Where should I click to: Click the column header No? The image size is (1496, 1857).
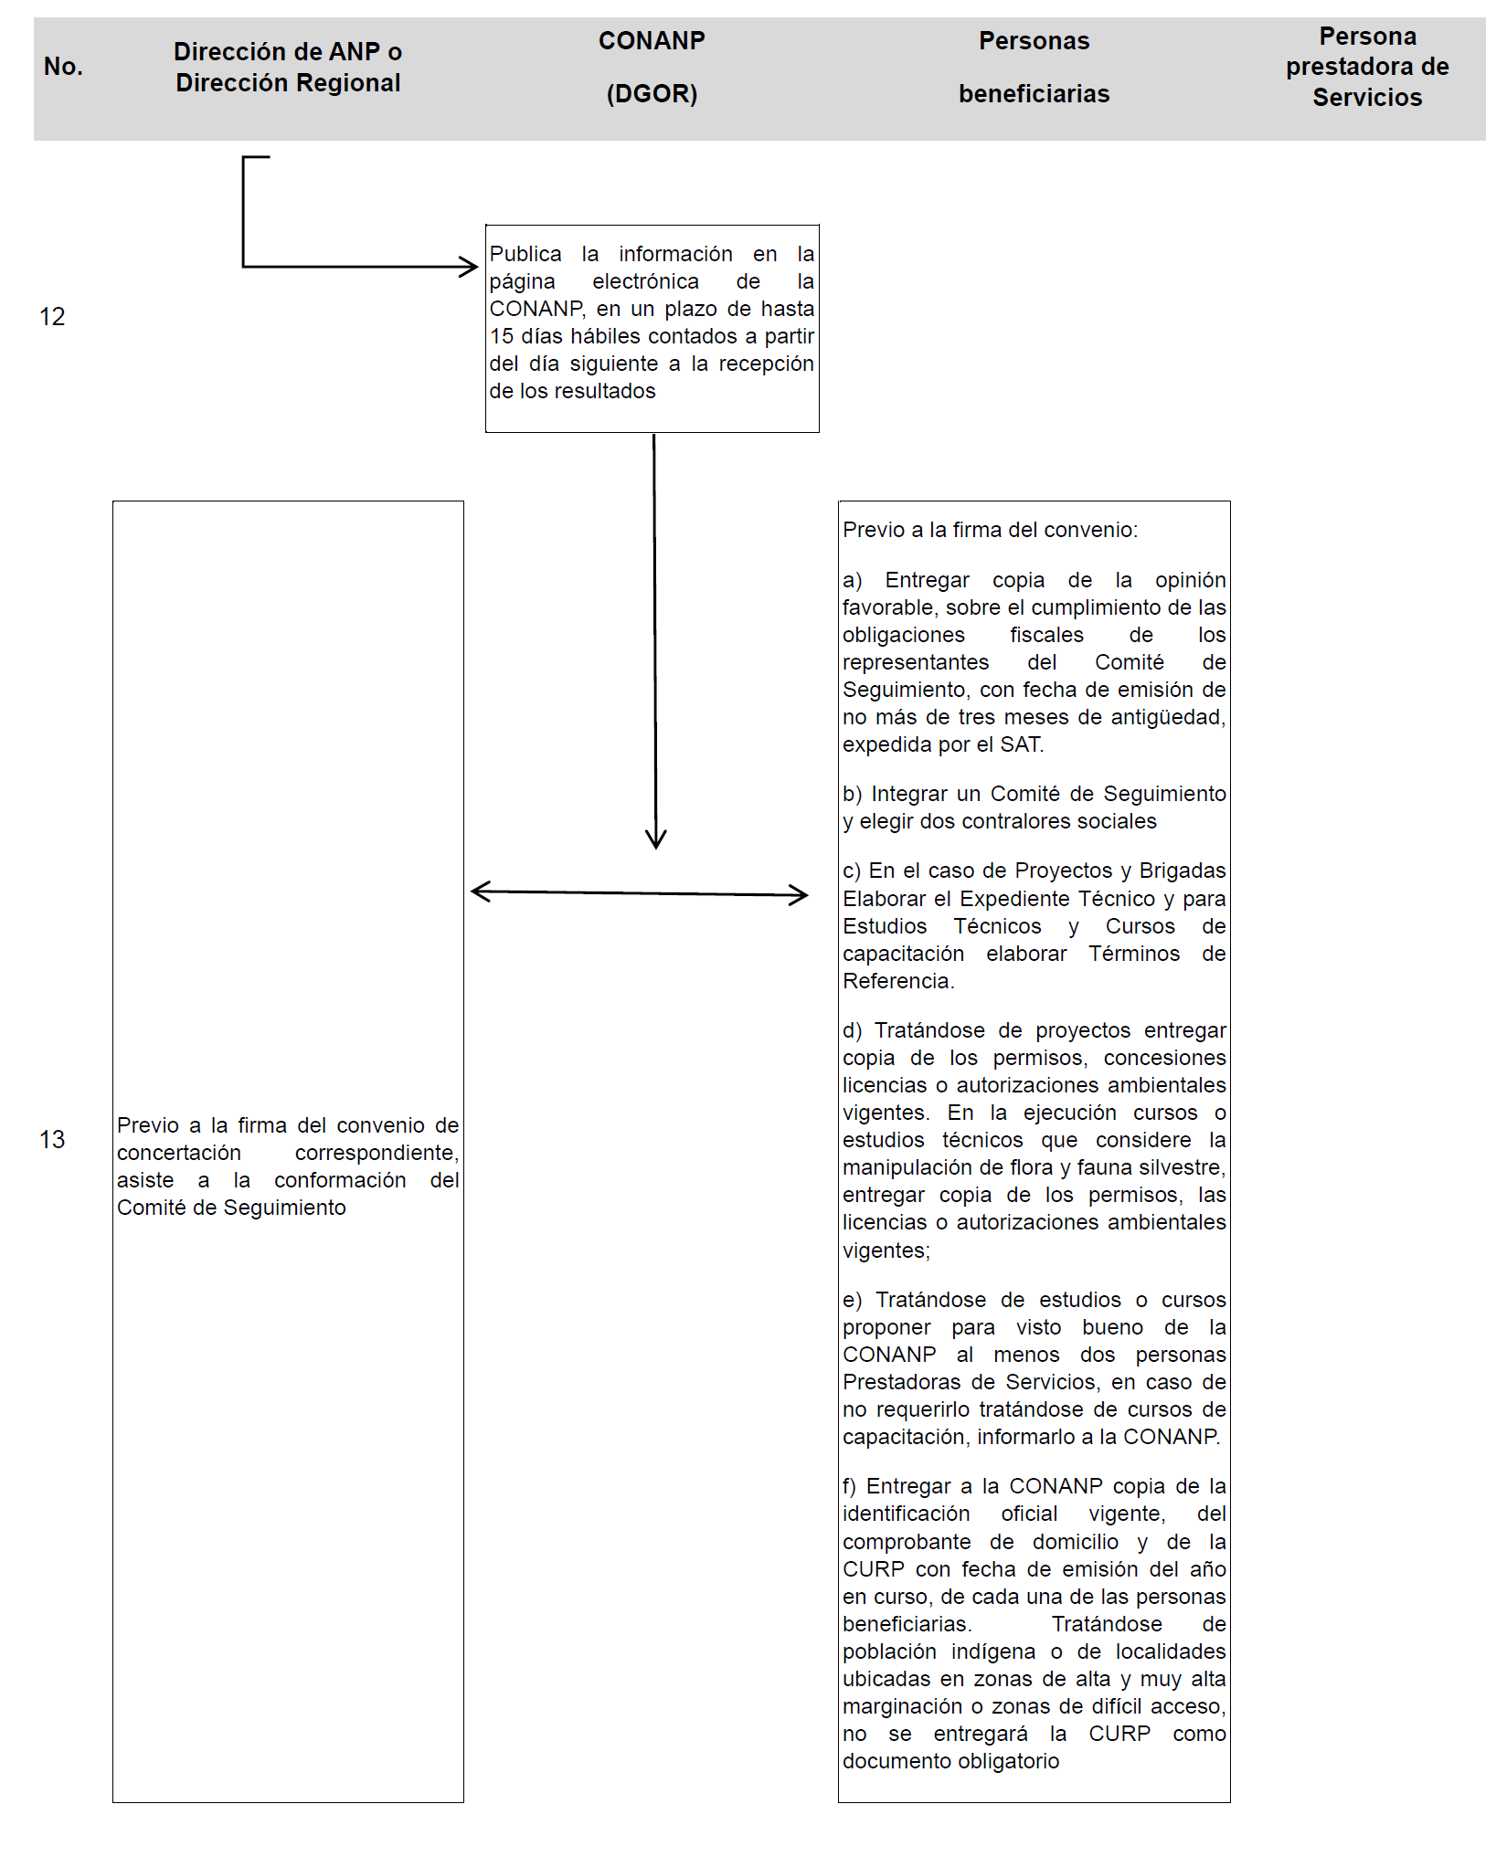tap(63, 67)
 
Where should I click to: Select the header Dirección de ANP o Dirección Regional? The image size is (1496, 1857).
tap(288, 67)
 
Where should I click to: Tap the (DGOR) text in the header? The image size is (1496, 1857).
tap(652, 94)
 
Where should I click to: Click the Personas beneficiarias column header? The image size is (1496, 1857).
tap(1034, 67)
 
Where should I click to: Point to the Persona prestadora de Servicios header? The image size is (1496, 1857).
tap(1367, 67)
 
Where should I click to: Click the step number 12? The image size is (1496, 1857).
tap(52, 317)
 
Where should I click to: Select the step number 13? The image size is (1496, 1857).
tap(52, 1139)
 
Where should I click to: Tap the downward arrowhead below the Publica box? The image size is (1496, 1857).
tap(656, 839)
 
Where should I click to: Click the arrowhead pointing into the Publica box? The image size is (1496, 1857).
tap(469, 267)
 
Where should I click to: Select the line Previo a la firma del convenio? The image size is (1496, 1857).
tap(990, 530)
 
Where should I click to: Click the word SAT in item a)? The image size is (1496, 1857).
tap(1020, 744)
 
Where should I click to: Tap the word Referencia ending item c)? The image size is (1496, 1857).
tap(897, 981)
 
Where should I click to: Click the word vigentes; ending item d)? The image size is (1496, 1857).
tap(886, 1250)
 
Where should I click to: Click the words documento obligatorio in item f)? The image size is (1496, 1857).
tap(950, 1761)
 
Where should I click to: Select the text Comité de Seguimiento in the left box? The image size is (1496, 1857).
tap(231, 1208)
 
